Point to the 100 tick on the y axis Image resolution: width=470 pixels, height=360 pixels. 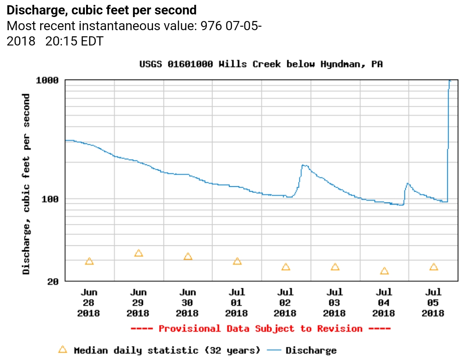pyautogui.click(x=50, y=199)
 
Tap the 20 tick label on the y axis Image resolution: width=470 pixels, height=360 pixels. pyautogui.click(x=52, y=281)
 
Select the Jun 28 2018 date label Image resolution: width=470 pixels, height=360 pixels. pyautogui.click(x=89, y=303)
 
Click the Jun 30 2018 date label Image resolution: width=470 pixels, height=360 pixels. pyautogui.click(x=188, y=303)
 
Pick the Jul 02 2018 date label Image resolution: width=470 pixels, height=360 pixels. pyautogui.click(x=285, y=303)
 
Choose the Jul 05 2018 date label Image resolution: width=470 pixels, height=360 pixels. pyautogui.click(x=433, y=303)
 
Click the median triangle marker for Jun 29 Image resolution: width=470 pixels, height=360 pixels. pyautogui.click(x=139, y=253)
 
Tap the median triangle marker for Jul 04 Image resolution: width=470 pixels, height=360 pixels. pyautogui.click(x=384, y=271)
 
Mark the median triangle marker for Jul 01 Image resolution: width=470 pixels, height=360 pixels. pyautogui.click(x=237, y=261)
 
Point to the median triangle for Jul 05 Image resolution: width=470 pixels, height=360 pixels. pyautogui.click(x=434, y=267)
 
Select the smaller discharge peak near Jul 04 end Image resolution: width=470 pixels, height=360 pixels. pyautogui.click(x=407, y=183)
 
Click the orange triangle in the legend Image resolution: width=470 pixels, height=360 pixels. pyautogui.click(x=63, y=350)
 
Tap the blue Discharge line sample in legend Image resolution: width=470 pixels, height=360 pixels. pyautogui.click(x=274, y=350)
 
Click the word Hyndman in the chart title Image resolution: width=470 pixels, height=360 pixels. pyautogui.click(x=344, y=64)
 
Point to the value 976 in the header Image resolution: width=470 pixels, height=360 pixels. pyautogui.click(x=211, y=26)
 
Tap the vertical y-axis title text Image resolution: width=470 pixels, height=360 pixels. pyautogui.click(x=27, y=184)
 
